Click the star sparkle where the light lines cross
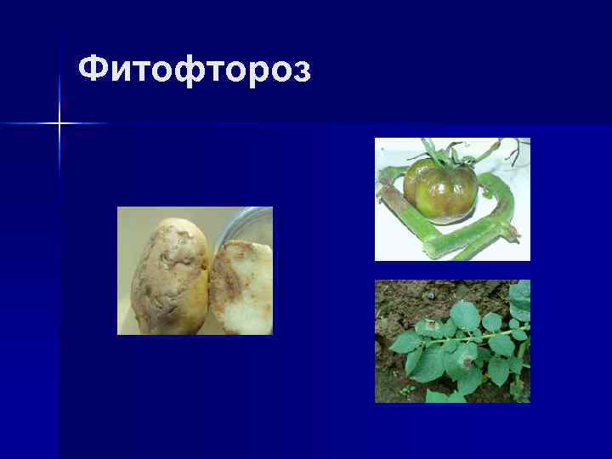click(59, 124)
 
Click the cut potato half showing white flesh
click(241, 289)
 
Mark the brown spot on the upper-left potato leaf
click(430, 326)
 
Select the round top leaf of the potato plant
click(464, 314)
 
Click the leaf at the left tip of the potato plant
click(403, 342)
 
